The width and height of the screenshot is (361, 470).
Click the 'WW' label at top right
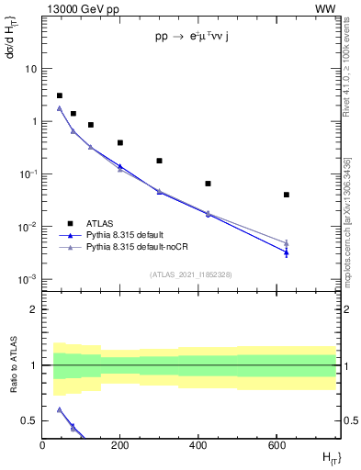tap(325, 8)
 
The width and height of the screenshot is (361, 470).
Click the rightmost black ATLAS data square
tap(287, 195)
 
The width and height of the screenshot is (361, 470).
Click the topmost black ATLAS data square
tap(60, 95)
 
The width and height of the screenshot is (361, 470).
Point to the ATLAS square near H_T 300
tap(159, 161)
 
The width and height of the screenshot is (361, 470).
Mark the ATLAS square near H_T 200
tap(120, 142)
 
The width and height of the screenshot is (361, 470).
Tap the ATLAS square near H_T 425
tap(208, 184)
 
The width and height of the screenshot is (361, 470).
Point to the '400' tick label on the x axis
tap(198, 445)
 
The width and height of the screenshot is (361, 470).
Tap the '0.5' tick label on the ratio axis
tap(28, 420)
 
